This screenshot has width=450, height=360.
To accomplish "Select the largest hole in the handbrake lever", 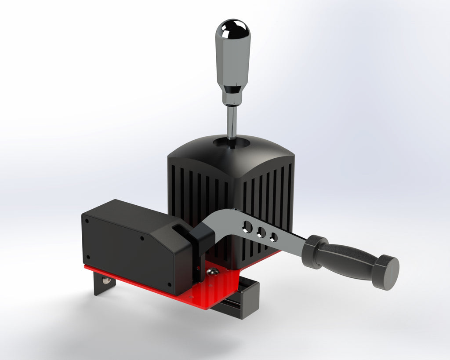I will (247, 227).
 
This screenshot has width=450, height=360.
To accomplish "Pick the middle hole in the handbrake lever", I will (262, 232).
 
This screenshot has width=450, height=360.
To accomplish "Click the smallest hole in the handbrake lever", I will (274, 237).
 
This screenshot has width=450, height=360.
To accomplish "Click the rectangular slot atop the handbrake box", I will (179, 229).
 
